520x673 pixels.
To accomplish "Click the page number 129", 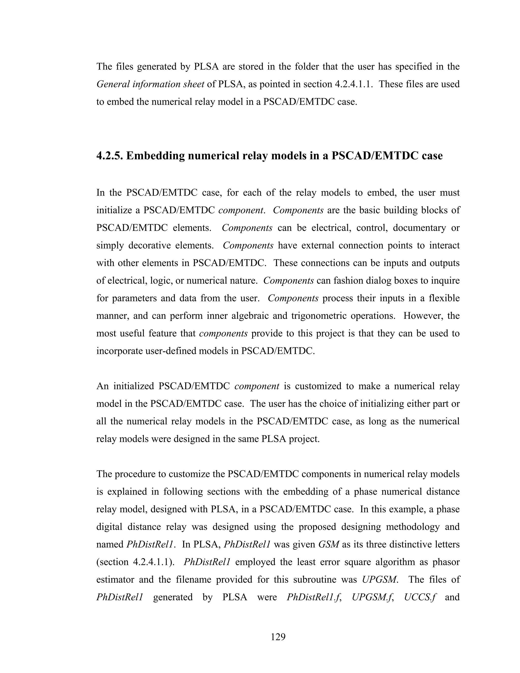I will [278, 637].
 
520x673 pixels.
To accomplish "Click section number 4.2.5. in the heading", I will [109, 156].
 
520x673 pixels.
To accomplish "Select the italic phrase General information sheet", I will [150, 84].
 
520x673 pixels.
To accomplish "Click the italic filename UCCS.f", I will [420, 597].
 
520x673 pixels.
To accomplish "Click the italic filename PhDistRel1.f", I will [314, 597].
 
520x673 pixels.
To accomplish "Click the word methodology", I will [409, 527].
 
